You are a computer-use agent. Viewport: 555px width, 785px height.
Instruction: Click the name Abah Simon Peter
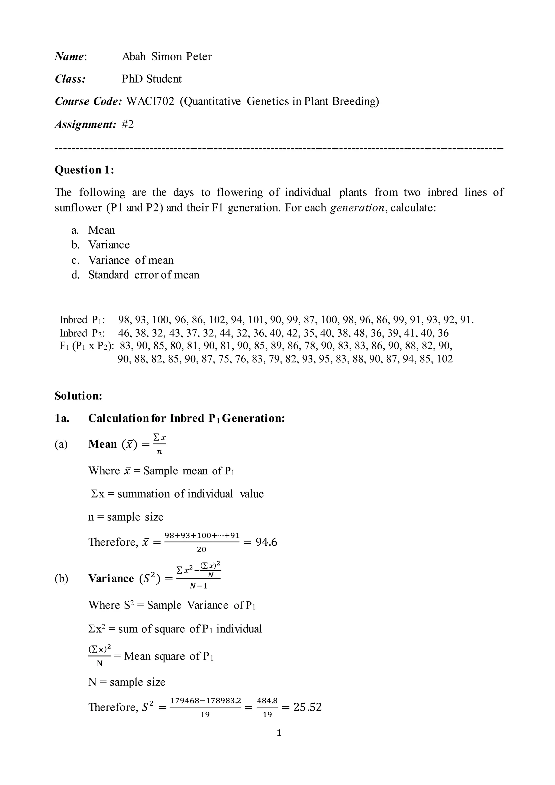point(166,56)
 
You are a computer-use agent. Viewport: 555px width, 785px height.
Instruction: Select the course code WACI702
point(150,102)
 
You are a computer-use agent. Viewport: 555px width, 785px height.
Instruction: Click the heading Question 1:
point(84,170)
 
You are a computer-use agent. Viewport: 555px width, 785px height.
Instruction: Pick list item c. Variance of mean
point(122,260)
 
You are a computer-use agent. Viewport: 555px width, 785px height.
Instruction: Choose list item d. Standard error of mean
point(135,275)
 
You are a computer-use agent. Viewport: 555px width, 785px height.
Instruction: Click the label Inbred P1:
point(82,320)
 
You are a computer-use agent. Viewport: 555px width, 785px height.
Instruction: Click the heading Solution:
point(79,396)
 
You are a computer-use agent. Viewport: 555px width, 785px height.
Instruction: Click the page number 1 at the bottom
point(279,733)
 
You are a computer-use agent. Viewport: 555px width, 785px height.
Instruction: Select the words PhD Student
point(152,79)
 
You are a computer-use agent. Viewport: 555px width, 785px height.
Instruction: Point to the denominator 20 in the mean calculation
point(202,550)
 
